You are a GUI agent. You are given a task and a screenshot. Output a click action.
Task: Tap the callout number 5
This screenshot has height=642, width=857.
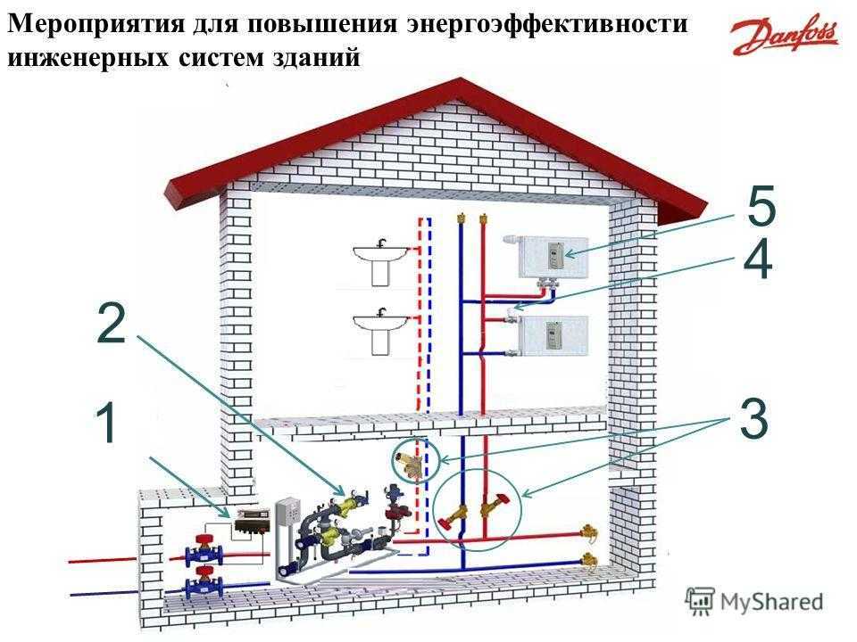pyautogui.click(x=761, y=206)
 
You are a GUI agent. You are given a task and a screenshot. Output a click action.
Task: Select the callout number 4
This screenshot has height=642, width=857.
pyautogui.click(x=758, y=259)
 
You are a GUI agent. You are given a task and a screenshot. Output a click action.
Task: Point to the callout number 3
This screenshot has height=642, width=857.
pyautogui.click(x=754, y=419)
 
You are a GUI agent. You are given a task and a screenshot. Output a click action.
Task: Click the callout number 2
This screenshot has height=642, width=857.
pyautogui.click(x=112, y=324)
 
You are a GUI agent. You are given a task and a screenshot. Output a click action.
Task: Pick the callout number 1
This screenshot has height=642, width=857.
pyautogui.click(x=106, y=423)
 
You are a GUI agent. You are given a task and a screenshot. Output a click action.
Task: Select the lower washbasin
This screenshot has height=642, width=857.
pyautogui.click(x=380, y=332)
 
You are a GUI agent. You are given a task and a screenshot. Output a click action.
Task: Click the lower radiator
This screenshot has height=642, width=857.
pyautogui.click(x=553, y=335)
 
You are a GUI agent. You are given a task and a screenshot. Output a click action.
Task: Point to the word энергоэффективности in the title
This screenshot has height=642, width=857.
pyautogui.click(x=547, y=24)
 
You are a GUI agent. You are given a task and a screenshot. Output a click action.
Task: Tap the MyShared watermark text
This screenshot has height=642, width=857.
pyautogui.click(x=771, y=602)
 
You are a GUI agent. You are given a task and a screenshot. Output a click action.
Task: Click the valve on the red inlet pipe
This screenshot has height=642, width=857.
pyautogui.click(x=204, y=550)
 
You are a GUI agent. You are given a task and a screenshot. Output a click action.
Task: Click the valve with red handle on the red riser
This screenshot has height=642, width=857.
pyautogui.click(x=495, y=504)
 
